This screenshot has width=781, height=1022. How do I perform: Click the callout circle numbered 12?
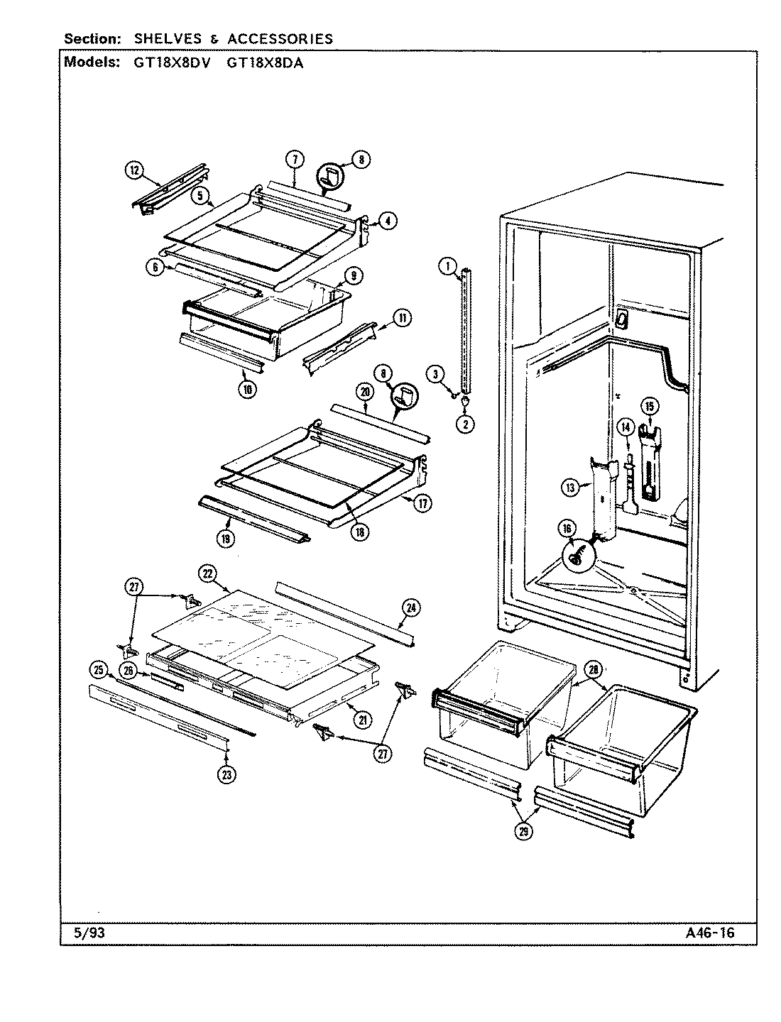click(x=133, y=170)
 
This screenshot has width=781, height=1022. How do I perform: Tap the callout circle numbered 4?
click(x=386, y=221)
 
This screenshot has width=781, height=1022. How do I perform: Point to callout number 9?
click(x=353, y=275)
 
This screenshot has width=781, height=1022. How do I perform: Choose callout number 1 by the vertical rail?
click(x=447, y=267)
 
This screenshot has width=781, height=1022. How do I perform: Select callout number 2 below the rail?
click(x=466, y=424)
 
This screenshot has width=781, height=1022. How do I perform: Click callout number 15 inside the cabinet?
click(x=650, y=406)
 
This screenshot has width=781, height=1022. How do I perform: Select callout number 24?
click(x=410, y=607)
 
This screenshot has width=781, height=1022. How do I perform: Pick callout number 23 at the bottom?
click(x=226, y=775)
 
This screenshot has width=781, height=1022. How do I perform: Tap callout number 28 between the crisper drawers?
click(x=591, y=669)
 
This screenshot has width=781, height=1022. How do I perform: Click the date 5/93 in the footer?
click(x=89, y=933)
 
